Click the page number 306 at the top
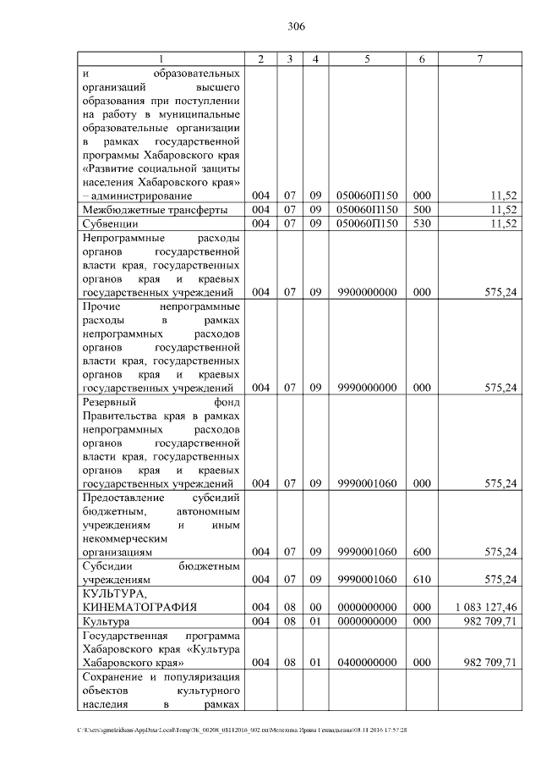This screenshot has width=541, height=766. (x=295, y=26)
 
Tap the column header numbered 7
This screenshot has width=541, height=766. (x=479, y=58)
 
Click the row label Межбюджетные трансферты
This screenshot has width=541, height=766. (x=142, y=210)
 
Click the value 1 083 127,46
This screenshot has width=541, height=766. (x=484, y=608)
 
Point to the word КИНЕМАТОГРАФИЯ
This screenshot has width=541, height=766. (x=139, y=608)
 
